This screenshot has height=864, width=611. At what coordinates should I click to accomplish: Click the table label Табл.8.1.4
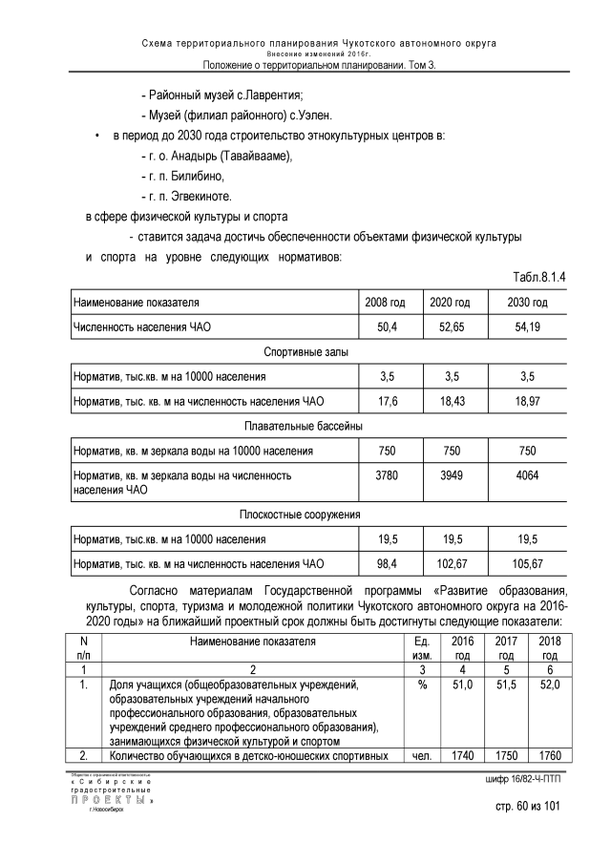[x=540, y=277]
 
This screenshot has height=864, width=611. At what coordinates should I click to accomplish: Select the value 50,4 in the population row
[x=386, y=327]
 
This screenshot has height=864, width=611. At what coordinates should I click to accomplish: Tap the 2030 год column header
[x=528, y=303]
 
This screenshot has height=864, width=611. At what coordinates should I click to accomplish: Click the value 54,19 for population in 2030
[x=528, y=327]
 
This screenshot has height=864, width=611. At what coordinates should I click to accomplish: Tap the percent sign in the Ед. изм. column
[x=421, y=685]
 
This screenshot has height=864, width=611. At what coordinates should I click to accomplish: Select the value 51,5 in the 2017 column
[x=506, y=685]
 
